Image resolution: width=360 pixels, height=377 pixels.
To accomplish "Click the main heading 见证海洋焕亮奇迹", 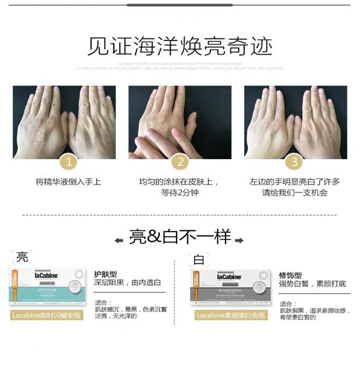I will (180, 46).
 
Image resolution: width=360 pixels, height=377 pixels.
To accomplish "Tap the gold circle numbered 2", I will (179, 161).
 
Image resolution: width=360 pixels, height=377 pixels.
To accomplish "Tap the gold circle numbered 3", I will (294, 161).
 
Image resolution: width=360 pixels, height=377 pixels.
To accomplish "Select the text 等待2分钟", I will (179, 192).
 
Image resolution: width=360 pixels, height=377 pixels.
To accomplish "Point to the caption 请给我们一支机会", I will (294, 192).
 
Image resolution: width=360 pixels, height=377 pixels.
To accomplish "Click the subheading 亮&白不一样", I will (180, 237).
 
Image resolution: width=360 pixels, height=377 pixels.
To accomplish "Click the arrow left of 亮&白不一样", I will (119, 239).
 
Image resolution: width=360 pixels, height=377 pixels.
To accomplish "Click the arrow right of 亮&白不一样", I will (239, 239).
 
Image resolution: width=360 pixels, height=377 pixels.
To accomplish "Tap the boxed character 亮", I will (22, 257).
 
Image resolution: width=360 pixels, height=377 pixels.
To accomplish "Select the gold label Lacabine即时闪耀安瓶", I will (46, 315).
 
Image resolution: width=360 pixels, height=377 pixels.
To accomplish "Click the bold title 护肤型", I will (106, 273).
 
